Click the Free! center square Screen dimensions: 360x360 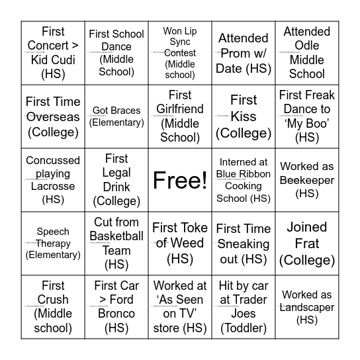180,180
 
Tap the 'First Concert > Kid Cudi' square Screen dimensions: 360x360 53,53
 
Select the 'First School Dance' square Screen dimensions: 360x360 116,53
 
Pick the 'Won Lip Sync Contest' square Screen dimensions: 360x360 180,53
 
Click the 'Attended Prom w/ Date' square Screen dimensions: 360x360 244,53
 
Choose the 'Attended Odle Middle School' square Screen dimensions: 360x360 307,53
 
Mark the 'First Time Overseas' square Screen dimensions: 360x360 53,116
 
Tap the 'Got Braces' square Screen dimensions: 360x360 116,116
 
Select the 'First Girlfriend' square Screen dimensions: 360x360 180,116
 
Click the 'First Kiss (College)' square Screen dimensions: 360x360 244,116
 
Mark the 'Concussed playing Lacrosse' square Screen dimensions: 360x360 53,180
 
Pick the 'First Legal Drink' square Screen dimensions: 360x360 116,180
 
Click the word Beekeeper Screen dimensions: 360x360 307,180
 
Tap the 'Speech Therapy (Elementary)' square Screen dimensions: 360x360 53,244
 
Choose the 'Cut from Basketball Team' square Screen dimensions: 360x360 116,244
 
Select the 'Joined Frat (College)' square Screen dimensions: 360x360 307,244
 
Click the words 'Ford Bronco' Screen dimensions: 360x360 116,314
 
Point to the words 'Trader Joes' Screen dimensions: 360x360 244,314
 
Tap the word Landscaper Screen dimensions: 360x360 307,307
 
